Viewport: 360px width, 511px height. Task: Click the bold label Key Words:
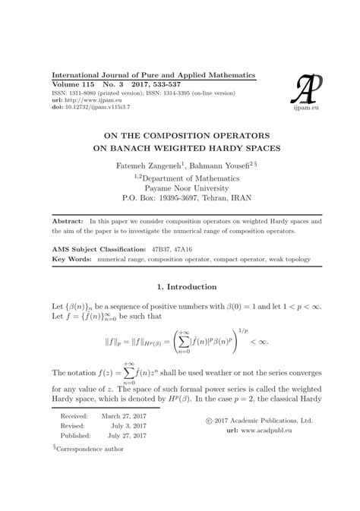(x=70, y=259)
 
